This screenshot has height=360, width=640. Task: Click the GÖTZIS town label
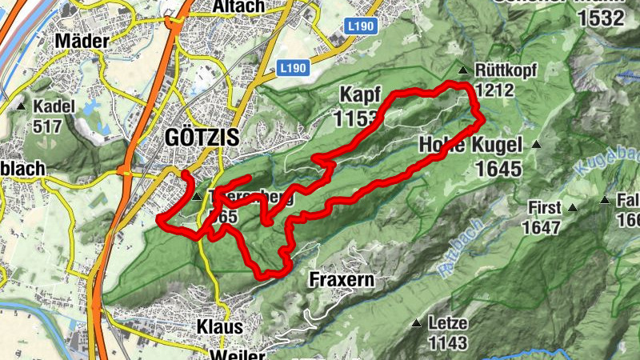pyautogui.click(x=201, y=137)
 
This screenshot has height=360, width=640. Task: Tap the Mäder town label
pyautogui.click(x=82, y=41)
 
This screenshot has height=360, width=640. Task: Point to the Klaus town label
pyautogui.click(x=219, y=327)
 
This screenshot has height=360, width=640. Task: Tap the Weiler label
pyautogui.click(x=238, y=353)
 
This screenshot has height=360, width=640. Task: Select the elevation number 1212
pyautogui.click(x=493, y=90)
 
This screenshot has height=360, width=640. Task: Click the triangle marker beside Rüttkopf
pyautogui.click(x=462, y=70)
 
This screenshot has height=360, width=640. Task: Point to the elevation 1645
pyautogui.click(x=497, y=169)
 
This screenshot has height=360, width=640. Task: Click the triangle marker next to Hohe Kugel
pyautogui.click(x=536, y=146)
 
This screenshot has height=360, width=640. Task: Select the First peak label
pyautogui.click(x=544, y=208)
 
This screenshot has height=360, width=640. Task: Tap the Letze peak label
pyautogui.click(x=447, y=323)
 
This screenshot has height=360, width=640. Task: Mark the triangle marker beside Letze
pyautogui.click(x=416, y=323)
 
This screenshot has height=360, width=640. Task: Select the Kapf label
pyautogui.click(x=359, y=94)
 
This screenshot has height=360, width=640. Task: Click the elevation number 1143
pyautogui.click(x=447, y=343)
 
